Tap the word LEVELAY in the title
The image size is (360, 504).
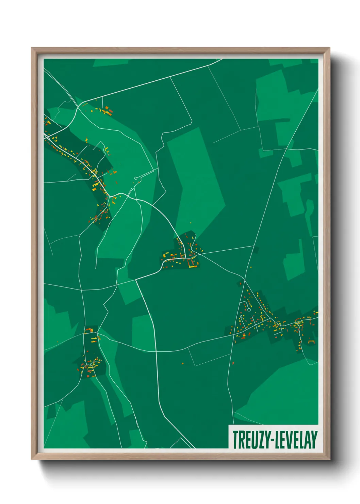click(296, 440)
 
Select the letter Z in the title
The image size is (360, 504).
click(261, 440)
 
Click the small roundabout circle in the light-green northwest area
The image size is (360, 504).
click(136, 178)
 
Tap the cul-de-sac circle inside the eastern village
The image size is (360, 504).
click(249, 310)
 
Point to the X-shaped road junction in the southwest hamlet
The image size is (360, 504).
click(91, 365)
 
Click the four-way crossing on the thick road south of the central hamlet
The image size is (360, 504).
click(136, 280)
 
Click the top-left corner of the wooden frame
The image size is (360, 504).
click(32, 48)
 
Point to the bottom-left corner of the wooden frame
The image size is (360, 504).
click(32, 459)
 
